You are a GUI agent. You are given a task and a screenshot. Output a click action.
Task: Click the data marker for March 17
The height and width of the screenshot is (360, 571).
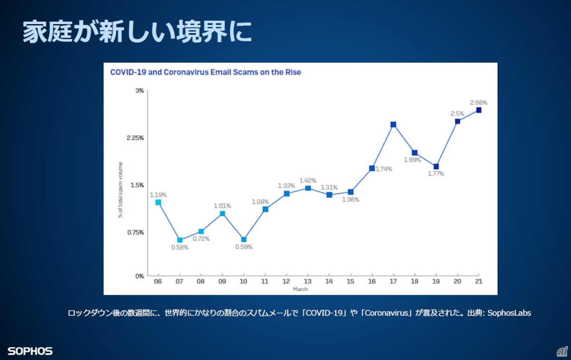point(394,125)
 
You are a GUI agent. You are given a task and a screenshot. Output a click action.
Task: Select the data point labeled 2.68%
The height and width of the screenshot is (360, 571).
point(479,110)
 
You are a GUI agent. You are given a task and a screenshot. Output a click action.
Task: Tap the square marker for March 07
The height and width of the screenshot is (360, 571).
point(180,240)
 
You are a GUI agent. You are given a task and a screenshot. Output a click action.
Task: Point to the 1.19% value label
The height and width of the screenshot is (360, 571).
point(158,195)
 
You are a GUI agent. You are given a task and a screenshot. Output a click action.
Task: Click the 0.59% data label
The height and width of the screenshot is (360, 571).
point(244,247)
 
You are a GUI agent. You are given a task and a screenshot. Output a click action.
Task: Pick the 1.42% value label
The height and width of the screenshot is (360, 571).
point(308,180)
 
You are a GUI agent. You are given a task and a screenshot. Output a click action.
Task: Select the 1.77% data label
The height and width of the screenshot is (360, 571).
point(435,174)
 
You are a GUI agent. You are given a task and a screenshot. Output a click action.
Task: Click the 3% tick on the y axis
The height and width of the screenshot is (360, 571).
point(140,90)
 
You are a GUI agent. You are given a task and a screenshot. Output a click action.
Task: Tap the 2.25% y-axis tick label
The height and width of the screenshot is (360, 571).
point(136,138)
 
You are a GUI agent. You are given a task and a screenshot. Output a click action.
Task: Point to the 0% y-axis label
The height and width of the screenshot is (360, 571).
point(139,276)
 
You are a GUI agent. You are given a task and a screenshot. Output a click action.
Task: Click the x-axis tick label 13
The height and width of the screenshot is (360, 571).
point(308,281)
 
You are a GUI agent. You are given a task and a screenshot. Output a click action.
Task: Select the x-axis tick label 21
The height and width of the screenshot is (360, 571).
point(479,281)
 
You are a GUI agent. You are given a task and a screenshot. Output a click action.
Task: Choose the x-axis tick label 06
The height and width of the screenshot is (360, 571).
point(158,281)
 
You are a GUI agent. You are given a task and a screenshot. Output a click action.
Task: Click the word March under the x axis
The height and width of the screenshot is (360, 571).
point(300,289)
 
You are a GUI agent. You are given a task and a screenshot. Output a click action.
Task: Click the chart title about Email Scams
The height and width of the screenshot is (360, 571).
point(206,72)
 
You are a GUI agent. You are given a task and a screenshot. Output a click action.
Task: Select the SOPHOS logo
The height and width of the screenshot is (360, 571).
point(30,351)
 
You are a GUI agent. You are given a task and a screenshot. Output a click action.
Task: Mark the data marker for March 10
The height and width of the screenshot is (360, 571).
point(244,240)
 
